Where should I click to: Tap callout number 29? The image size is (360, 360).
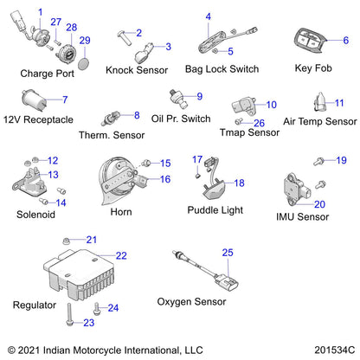[85, 41]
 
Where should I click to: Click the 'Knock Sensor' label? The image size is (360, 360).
[137, 70]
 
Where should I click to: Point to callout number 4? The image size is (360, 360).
[208, 16]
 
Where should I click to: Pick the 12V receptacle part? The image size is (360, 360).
[34, 100]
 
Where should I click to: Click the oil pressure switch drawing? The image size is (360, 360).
[178, 98]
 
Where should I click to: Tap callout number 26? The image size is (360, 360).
[259, 123]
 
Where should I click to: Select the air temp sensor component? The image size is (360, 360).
[319, 102]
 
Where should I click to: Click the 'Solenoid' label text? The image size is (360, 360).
[35, 215]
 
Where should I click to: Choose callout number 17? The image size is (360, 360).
[197, 159]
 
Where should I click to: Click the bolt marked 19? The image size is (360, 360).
[319, 161]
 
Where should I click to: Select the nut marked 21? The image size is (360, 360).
[66, 241]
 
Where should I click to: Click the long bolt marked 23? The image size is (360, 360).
[69, 314]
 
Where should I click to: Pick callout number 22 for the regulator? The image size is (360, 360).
[121, 256]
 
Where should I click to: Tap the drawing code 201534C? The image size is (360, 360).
[335, 350]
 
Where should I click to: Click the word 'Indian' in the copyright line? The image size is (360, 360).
[56, 350]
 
